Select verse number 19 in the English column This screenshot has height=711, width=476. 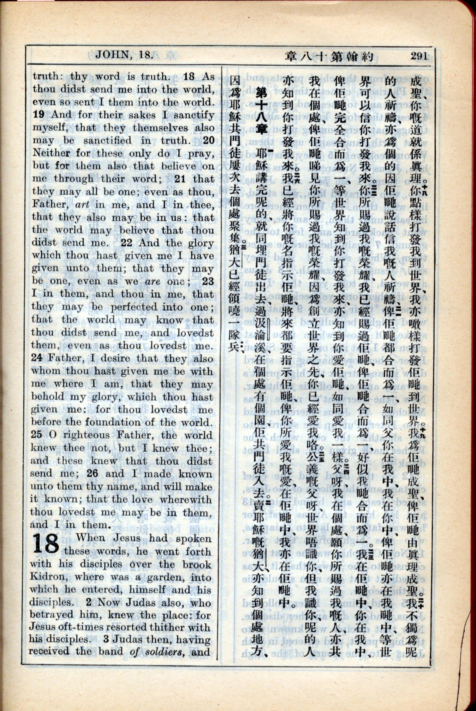tap(39, 115)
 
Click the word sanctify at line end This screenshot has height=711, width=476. tap(194, 115)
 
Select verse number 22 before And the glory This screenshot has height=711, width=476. tap(127, 243)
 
